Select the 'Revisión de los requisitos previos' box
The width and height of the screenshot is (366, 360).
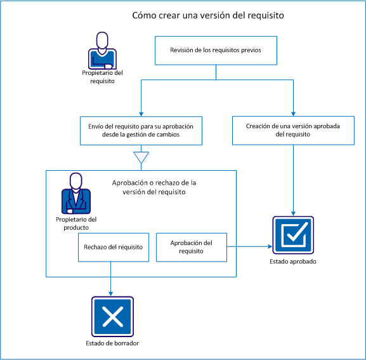pyautogui.click(x=216, y=50)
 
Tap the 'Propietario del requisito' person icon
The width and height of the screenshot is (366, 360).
pyautogui.click(x=102, y=50)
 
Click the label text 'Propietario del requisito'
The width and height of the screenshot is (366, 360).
pyautogui.click(x=102, y=77)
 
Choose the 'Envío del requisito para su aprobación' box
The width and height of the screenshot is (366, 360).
pyautogui.click(x=141, y=130)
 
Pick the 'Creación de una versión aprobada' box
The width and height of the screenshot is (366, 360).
pyautogui.click(x=293, y=130)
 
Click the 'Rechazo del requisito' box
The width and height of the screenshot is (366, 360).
pyautogui.click(x=111, y=247)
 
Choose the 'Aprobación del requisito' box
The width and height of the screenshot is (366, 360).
pyautogui.click(x=192, y=247)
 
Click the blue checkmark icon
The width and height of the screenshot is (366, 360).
pyautogui.click(x=292, y=236)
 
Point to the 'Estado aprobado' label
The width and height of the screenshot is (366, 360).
pyautogui.click(x=292, y=262)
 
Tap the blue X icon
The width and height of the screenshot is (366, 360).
pyautogui.click(x=112, y=317)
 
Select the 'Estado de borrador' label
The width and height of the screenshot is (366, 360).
pyautogui.click(x=112, y=343)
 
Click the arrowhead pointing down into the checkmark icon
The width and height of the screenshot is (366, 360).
pyautogui.click(x=293, y=213)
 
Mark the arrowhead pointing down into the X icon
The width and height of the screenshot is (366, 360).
pyautogui.click(x=112, y=293)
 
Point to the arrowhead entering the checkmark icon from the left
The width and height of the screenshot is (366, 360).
pyautogui.click(x=268, y=246)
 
